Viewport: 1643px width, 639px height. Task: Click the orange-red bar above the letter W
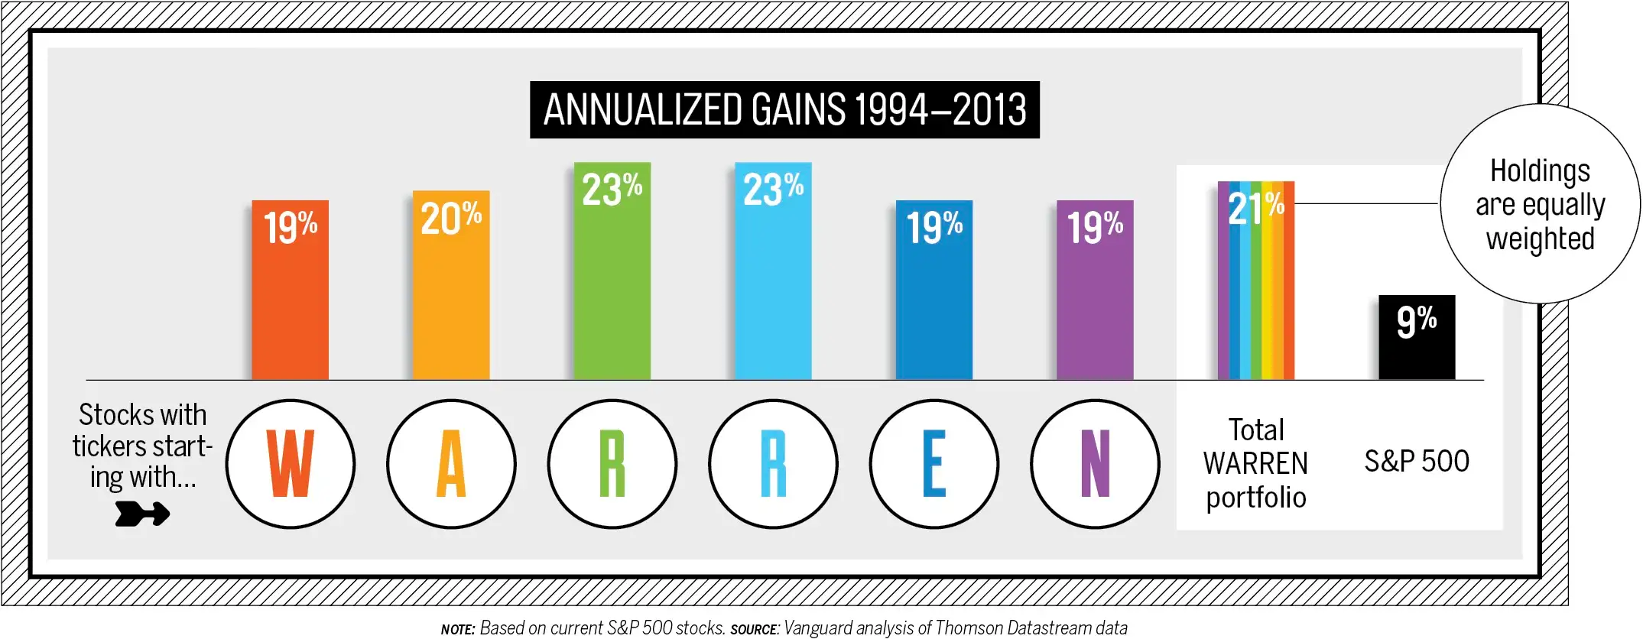pos(291,306)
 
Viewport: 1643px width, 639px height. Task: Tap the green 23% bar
pos(612,290)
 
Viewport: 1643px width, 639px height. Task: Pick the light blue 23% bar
pos(773,290)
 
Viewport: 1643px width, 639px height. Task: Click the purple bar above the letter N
pos(1095,306)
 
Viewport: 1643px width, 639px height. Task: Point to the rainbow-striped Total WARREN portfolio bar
pos(1255,298)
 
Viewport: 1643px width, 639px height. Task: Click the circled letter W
pos(291,464)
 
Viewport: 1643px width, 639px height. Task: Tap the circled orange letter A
pos(451,464)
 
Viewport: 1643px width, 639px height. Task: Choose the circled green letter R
pos(612,464)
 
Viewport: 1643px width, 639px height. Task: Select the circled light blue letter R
pos(773,464)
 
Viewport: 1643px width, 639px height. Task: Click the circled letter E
pos(934,464)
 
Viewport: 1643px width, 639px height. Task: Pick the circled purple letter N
pos(1095,464)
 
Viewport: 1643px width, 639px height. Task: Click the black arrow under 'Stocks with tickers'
pos(142,514)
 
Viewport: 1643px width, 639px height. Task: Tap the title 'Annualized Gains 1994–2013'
pos(784,110)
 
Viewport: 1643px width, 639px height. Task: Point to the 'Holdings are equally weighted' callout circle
pos(1540,204)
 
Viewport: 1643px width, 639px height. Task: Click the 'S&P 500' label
pos(1417,462)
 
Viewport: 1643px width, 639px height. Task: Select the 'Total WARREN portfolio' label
pos(1255,464)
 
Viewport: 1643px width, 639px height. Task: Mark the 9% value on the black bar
pos(1417,321)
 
